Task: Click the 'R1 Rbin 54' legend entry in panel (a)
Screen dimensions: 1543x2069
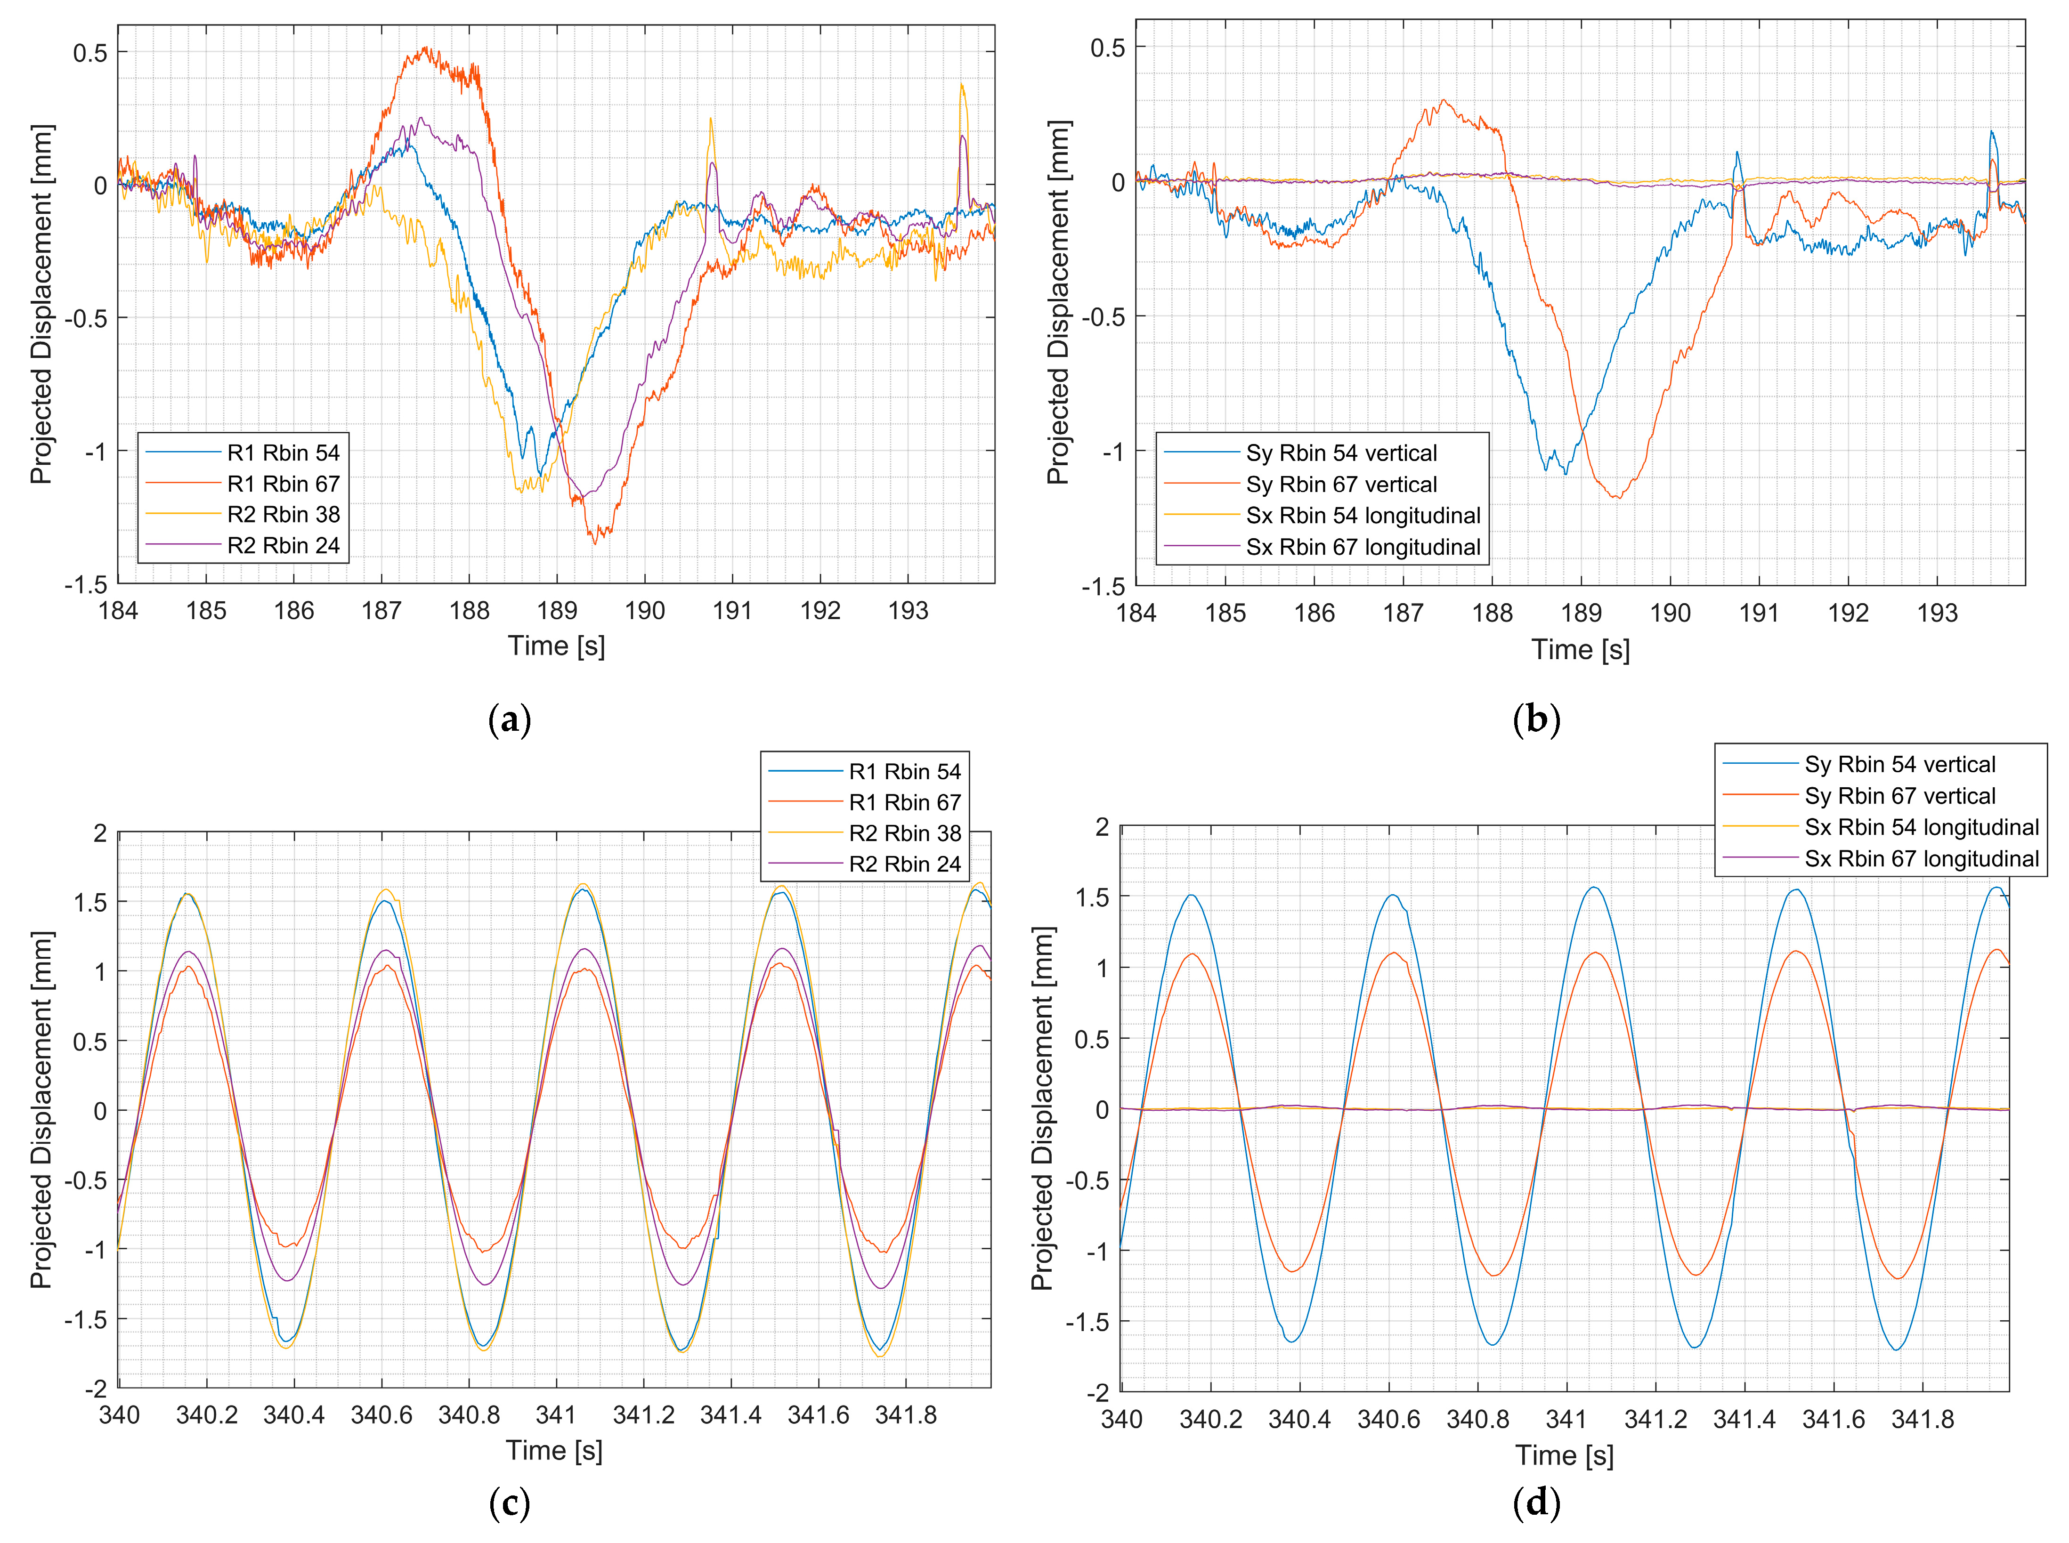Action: coord(283,453)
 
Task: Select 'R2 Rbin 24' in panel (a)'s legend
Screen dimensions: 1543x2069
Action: coord(283,545)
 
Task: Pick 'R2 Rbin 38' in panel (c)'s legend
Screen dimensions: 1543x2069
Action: coord(904,833)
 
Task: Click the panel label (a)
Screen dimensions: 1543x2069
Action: coord(510,720)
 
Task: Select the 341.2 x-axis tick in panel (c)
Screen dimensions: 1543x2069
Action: coord(643,1415)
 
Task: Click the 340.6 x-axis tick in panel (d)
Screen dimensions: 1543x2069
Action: coord(1388,1420)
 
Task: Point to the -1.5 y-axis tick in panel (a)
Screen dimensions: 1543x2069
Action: coord(86,585)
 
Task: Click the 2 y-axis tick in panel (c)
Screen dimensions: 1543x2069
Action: coord(100,833)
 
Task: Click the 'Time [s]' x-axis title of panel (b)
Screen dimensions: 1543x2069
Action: coord(1581,650)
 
